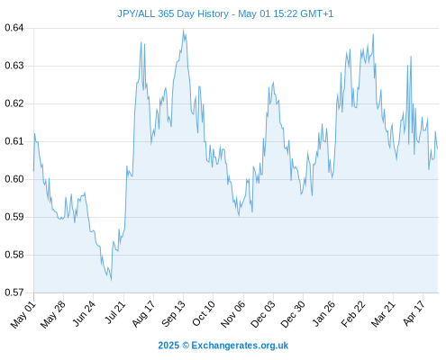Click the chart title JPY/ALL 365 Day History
point(173,13)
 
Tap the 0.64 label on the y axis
point(14,28)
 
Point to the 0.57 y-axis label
point(14,292)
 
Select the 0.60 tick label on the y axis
point(14,179)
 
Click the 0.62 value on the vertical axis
point(14,103)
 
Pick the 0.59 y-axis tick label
point(14,217)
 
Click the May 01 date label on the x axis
point(23,315)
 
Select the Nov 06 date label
point(233,314)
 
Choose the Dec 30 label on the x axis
point(293,314)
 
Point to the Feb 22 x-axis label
point(353,314)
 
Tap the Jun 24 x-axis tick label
point(84,313)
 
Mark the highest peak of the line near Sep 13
point(183,29)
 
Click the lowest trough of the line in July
point(111,280)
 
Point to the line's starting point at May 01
point(33,171)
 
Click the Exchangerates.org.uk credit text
point(240,346)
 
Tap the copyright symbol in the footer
point(186,346)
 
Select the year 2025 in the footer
point(168,346)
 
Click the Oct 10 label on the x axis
point(204,314)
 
